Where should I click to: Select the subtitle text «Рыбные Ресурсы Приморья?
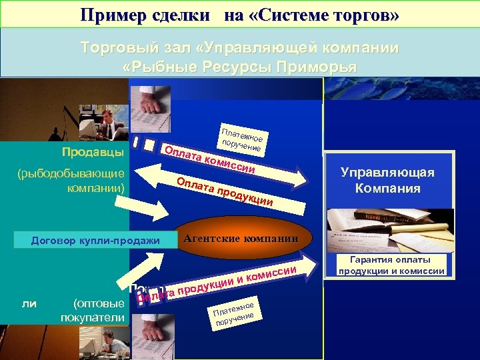(x=241, y=67)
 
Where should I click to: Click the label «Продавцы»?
(x=93, y=153)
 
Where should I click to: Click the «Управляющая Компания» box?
(x=387, y=180)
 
